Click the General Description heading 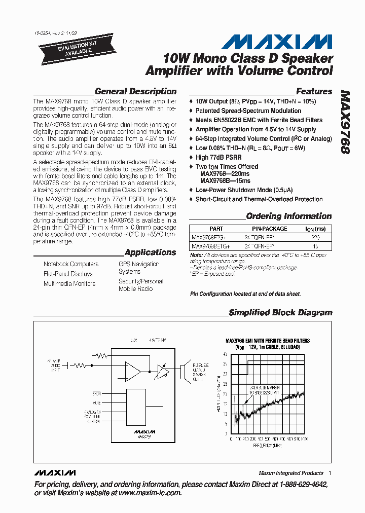coord(135,92)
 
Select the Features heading coord(314,92)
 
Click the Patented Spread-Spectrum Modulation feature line coord(248,111)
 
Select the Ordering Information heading coord(288,216)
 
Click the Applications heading coord(150,252)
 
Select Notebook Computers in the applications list coord(71,264)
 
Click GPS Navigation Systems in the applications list coord(138,268)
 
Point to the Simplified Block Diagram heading coord(280,313)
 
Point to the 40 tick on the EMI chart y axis coord(226,354)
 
